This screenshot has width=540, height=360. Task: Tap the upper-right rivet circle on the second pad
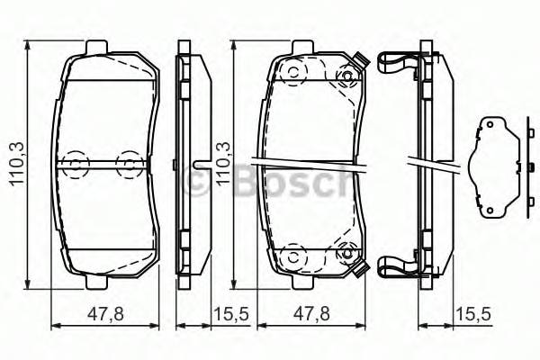344,74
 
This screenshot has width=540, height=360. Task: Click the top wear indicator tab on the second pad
360,61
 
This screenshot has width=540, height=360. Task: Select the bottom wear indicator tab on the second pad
360,269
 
